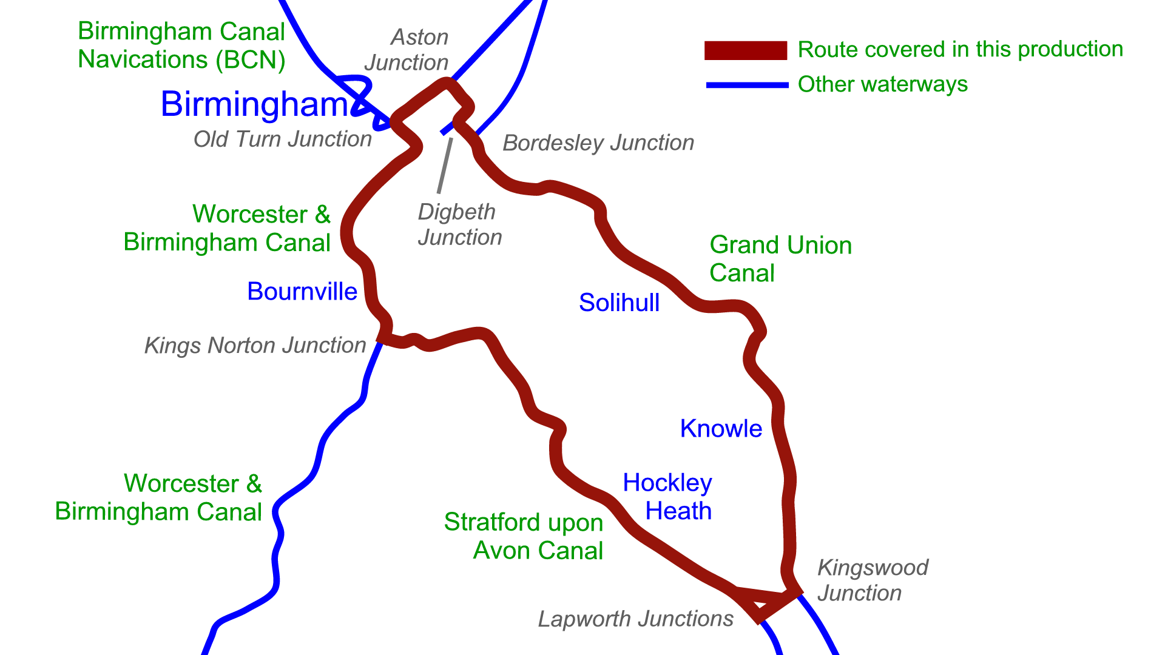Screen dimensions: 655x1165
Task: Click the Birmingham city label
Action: click(255, 104)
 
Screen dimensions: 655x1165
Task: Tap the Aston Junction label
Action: click(407, 50)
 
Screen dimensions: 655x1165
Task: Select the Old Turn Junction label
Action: click(282, 139)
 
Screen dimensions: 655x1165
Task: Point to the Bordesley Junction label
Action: click(598, 143)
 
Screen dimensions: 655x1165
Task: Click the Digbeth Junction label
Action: click(459, 224)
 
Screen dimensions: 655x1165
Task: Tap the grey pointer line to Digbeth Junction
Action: click(445, 166)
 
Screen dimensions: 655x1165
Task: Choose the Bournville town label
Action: click(302, 292)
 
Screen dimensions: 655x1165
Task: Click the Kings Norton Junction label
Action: click(255, 346)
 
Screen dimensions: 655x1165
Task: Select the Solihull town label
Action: click(619, 303)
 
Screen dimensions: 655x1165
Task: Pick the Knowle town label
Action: click(721, 429)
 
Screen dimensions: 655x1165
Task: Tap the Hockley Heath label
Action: click(667, 497)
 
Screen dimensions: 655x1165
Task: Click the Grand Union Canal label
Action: click(780, 259)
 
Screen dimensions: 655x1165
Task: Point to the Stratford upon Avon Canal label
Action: click(524, 536)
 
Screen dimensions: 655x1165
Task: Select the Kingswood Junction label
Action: click(872, 580)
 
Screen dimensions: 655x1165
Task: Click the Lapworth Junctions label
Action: click(635, 619)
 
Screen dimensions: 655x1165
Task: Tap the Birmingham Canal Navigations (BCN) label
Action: click(181, 45)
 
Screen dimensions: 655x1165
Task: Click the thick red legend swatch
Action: click(745, 50)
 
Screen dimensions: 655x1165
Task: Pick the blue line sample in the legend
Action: click(747, 85)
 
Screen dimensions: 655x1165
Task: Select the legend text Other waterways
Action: click(882, 84)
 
